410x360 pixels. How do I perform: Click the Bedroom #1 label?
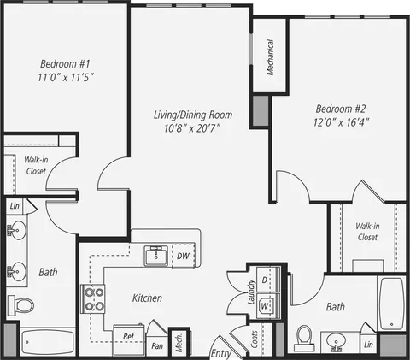click(x=65, y=63)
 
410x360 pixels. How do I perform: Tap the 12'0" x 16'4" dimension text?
click(x=341, y=122)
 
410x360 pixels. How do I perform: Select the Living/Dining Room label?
click(x=193, y=115)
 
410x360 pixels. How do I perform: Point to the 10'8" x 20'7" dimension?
click(x=192, y=128)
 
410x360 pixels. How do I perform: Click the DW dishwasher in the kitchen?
click(x=184, y=256)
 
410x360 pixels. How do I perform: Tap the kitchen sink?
click(x=156, y=256)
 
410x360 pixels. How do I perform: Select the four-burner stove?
click(x=93, y=299)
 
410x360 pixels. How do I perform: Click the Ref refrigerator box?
click(x=129, y=339)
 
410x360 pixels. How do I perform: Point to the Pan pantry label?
click(x=157, y=346)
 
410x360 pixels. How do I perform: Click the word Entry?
click(x=220, y=354)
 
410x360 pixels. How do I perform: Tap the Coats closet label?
click(x=255, y=339)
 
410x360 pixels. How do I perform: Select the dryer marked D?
click(x=268, y=280)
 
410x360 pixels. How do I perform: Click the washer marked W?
click(x=268, y=306)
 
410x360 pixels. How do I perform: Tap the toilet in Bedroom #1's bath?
click(x=20, y=305)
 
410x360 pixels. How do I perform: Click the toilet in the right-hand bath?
click(x=304, y=338)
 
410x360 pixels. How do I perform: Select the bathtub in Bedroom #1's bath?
click(x=47, y=342)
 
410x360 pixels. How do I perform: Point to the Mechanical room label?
click(x=270, y=57)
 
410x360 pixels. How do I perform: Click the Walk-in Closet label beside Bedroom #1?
click(x=36, y=165)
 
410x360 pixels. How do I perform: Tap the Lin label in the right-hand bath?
click(x=368, y=345)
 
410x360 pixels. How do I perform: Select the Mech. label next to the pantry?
click(x=179, y=343)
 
